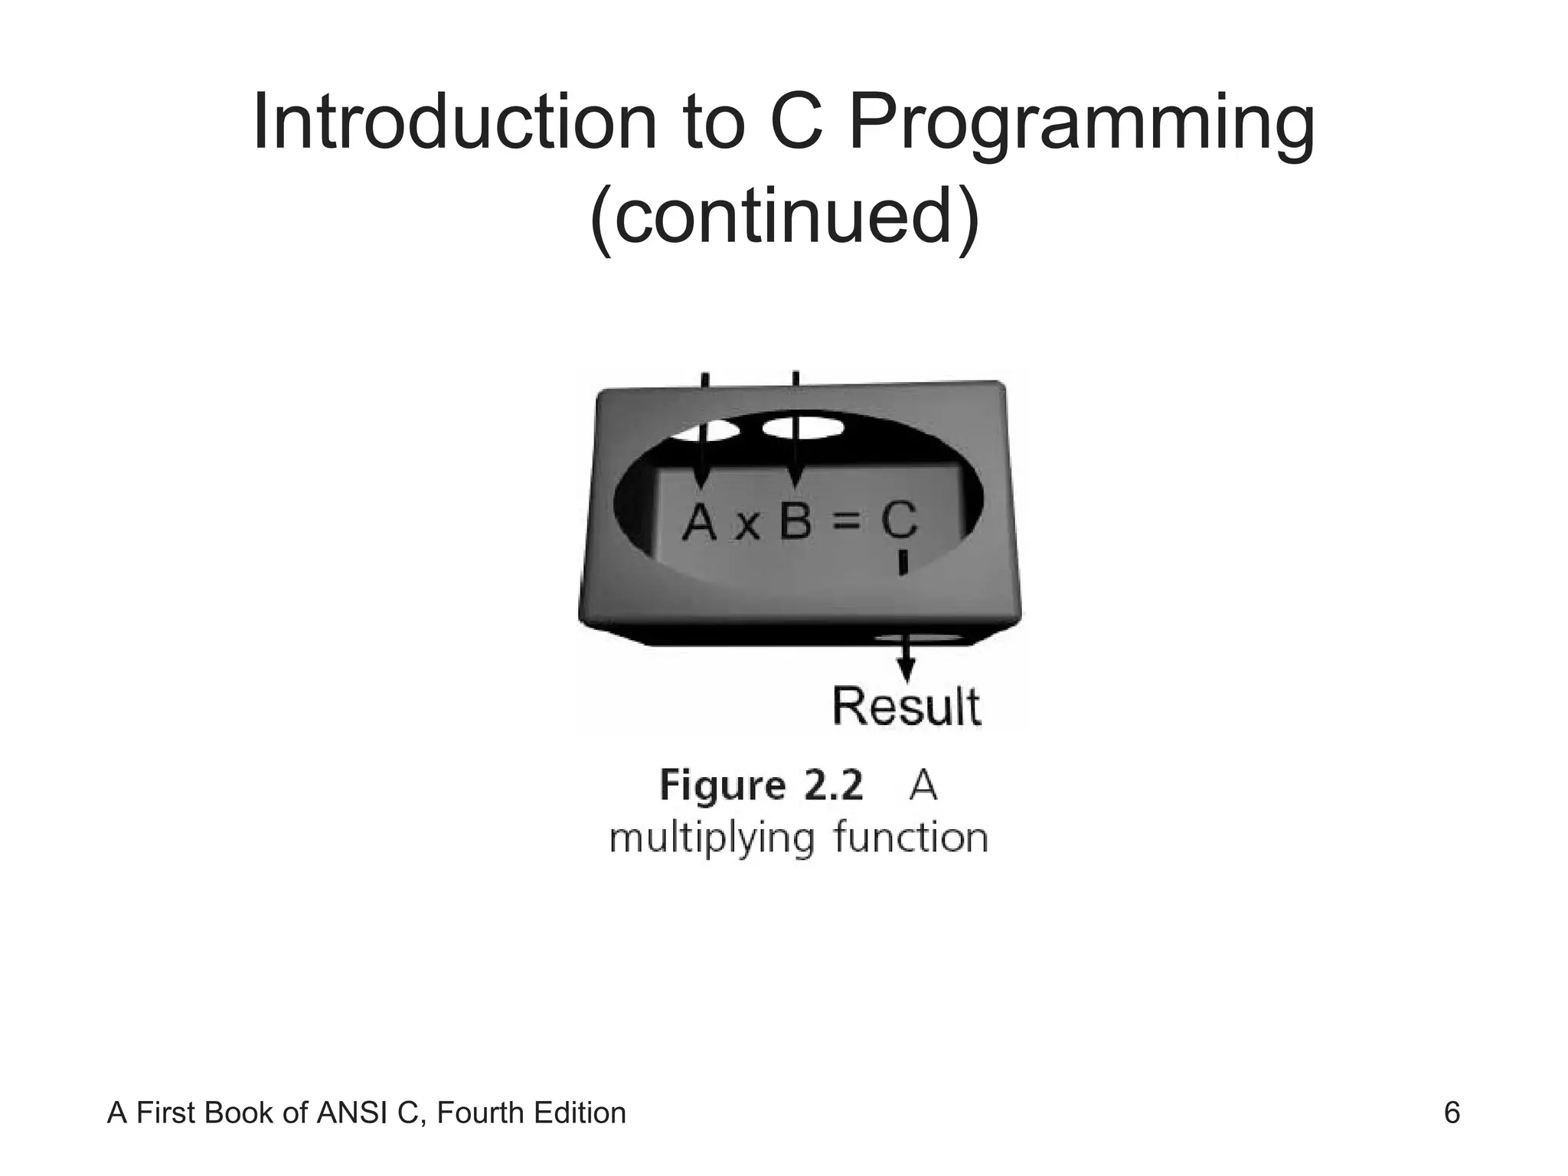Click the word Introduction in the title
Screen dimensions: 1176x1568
pos(454,122)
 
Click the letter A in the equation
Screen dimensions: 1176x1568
pos(699,522)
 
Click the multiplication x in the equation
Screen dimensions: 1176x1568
pos(746,527)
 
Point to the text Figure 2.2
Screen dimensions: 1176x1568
pos(761,786)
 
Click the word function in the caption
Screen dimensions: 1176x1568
pos(910,838)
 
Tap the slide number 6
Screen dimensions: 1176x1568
pos(1452,1112)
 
